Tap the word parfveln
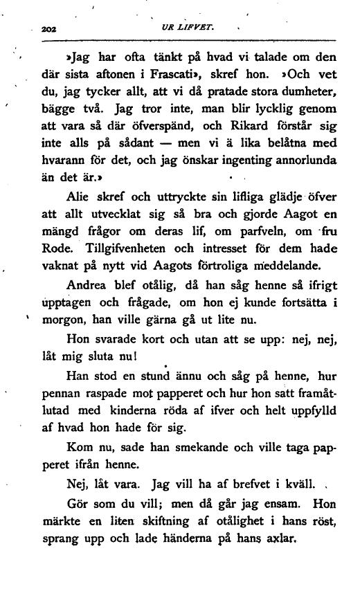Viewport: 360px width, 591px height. point(246,236)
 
